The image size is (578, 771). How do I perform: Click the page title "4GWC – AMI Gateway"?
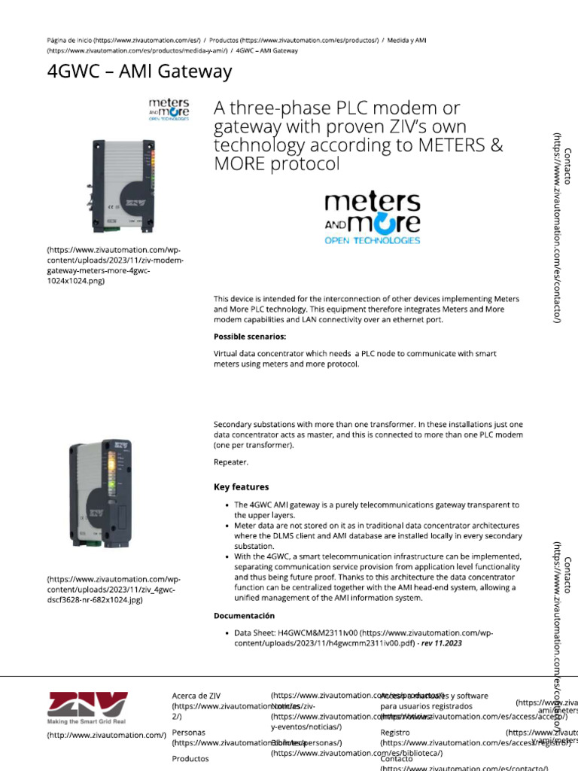139,72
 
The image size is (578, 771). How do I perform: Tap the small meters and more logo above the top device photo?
169,108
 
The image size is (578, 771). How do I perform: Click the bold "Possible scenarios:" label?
250,337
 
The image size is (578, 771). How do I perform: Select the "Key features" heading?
241,487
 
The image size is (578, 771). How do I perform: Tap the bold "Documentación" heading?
244,616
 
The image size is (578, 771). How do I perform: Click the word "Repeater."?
230,462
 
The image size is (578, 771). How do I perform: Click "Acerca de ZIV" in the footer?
196,696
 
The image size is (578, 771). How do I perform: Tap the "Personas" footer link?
188,732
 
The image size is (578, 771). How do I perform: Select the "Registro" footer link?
395,732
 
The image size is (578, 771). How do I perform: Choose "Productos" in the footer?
190,758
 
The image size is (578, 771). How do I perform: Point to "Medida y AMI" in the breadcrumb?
410,40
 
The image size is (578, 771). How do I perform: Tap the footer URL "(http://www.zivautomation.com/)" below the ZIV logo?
106,735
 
